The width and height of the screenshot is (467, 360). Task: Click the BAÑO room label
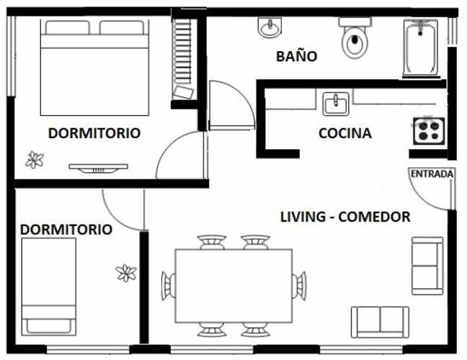pyautogui.click(x=296, y=56)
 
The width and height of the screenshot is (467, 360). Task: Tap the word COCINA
pyautogui.click(x=345, y=133)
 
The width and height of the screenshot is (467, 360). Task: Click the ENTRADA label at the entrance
pyautogui.click(x=432, y=174)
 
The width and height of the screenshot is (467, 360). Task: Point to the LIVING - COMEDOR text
pyautogui.click(x=345, y=217)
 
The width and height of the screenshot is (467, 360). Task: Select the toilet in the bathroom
pyautogui.click(x=355, y=37)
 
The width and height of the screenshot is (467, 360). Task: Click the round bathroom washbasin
pyautogui.click(x=270, y=27)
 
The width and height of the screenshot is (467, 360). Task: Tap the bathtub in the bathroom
pyautogui.click(x=421, y=48)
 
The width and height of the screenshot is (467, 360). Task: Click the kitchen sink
pyautogui.click(x=336, y=104)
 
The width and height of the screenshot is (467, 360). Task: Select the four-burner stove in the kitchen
pyautogui.click(x=429, y=131)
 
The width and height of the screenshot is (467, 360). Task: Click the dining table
pyautogui.click(x=233, y=286)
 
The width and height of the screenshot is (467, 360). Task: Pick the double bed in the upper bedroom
pyautogui.click(x=94, y=68)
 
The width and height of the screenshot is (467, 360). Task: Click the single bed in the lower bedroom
pyautogui.click(x=49, y=287)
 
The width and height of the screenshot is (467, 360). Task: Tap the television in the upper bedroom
pyautogui.click(x=99, y=168)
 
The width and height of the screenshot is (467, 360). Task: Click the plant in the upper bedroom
pyautogui.click(x=35, y=160)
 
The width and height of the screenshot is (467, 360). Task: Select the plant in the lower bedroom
pyautogui.click(x=126, y=273)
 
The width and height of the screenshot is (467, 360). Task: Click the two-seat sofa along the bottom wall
pyautogui.click(x=380, y=323)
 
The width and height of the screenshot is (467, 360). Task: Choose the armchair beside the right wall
pyautogui.click(x=427, y=266)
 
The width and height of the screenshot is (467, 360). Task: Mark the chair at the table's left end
pyautogui.click(x=169, y=286)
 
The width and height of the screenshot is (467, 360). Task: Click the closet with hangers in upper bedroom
pyautogui.click(x=183, y=60)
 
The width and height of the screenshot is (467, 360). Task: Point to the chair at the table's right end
pyautogui.click(x=299, y=286)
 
